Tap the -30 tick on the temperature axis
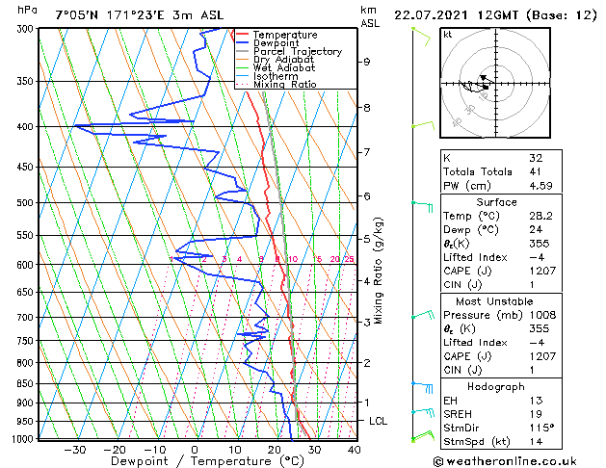[x=74, y=449]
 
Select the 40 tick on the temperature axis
[x=355, y=449]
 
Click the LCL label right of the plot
[x=379, y=421]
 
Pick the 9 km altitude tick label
[x=367, y=62]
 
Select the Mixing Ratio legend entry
[x=284, y=84]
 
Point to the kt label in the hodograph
[x=448, y=35]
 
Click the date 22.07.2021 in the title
[x=431, y=15]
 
